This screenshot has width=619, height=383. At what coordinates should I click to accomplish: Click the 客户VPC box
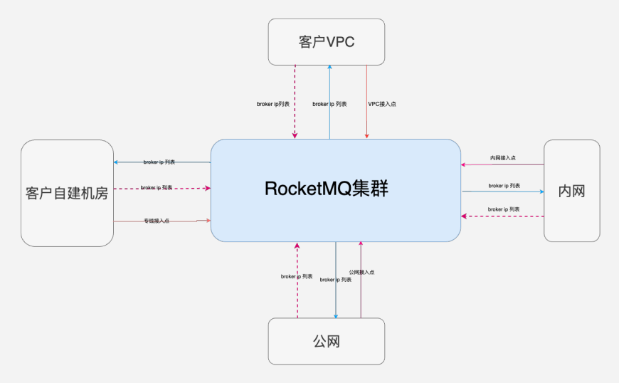click(x=326, y=42)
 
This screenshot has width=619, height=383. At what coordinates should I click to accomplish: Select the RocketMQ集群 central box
click(x=335, y=190)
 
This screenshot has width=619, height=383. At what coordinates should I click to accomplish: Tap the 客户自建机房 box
click(x=67, y=193)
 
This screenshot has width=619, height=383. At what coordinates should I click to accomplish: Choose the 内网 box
click(x=571, y=191)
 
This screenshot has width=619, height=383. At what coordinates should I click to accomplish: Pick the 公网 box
click(x=326, y=341)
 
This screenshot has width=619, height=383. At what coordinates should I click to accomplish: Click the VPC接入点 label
click(x=382, y=104)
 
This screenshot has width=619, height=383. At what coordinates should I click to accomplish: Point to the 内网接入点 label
click(x=503, y=157)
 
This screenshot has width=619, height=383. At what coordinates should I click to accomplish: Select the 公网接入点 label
click(x=361, y=272)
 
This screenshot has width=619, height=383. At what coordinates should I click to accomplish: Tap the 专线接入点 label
click(x=157, y=221)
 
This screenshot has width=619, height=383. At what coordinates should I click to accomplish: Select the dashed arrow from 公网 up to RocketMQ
click(x=297, y=299)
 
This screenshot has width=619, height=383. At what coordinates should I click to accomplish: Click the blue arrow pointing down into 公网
click(x=336, y=299)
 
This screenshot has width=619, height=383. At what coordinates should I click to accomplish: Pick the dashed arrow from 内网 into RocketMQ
click(x=503, y=216)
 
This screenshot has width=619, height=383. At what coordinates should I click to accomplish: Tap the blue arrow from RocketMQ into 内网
click(x=503, y=191)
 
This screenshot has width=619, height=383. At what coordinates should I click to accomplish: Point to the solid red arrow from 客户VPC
click(x=366, y=85)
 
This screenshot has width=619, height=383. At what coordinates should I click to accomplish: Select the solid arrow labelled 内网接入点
click(x=527, y=165)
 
